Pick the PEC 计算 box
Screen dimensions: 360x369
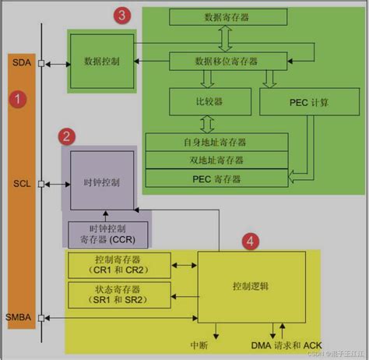286,101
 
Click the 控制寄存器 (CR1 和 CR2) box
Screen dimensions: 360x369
120,265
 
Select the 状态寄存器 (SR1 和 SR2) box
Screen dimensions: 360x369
120,295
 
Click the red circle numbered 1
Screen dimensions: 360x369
17,99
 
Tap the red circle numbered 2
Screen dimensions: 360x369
68,136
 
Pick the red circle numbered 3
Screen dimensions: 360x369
121,15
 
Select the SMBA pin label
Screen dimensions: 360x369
19,317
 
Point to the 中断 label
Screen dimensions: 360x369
199,344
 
